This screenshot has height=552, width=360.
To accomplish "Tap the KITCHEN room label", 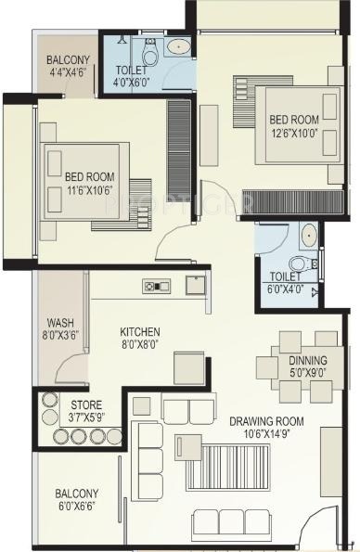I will (x=140, y=331).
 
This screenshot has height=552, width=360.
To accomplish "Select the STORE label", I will (x=86, y=404).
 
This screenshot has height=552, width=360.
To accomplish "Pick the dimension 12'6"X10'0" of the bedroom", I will (x=294, y=134).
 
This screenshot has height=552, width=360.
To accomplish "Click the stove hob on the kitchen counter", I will (x=150, y=286).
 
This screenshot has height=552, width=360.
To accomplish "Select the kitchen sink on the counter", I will (x=195, y=284).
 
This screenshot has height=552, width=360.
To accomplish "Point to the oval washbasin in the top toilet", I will (x=177, y=46).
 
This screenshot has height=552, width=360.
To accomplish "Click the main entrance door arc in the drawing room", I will (x=322, y=529).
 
